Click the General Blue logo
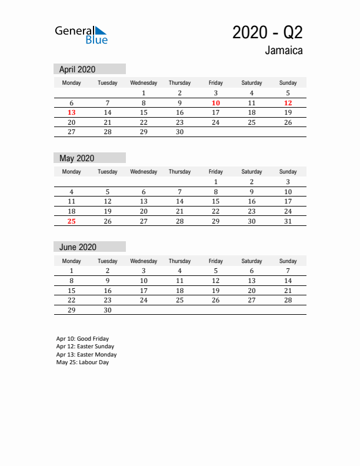81,35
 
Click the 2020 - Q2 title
268,32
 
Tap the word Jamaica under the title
284,51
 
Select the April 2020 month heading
77,69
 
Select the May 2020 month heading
76,158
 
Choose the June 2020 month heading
78,247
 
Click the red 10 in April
216,103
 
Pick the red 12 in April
288,103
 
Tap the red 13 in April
71,112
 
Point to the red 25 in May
71,221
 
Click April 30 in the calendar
179,132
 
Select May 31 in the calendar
288,221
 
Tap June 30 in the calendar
107,311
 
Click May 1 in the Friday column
216,182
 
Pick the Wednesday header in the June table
144,261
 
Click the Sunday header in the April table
288,83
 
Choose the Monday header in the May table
71,172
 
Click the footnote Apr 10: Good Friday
82,339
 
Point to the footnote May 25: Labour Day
82,362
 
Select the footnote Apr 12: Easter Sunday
86,347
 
